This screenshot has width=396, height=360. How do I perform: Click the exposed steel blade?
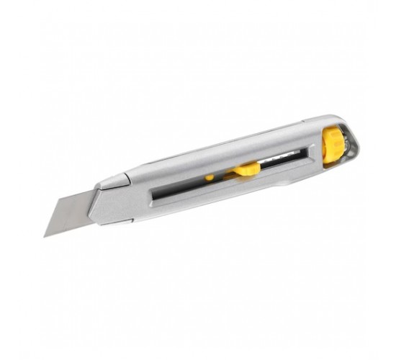tap(68, 216)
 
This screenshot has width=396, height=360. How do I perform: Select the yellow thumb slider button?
tap(246, 169)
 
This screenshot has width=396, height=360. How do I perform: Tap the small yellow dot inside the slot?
tap(210, 177)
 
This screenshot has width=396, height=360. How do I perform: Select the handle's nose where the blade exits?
tap(97, 204)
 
